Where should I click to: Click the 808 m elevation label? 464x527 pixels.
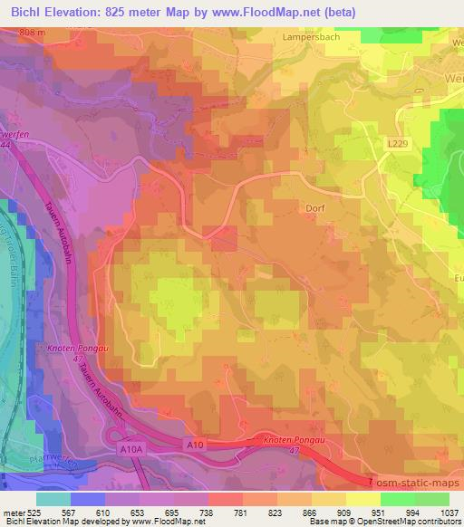pyautogui.click(x=30, y=33)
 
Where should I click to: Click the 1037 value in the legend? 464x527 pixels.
pyautogui.click(x=448, y=512)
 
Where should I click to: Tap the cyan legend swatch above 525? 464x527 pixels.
pyautogui.click(x=53, y=499)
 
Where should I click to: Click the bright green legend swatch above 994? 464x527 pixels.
pyautogui.click(x=396, y=499)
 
